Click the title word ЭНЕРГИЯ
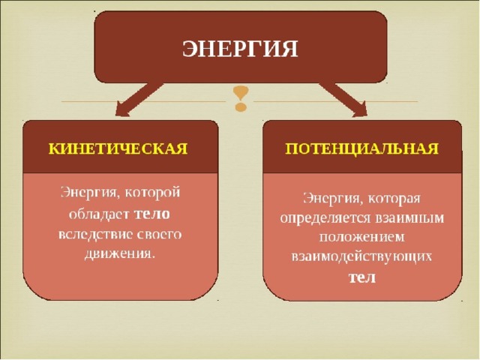tap(240, 49)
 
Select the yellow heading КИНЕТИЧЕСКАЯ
tap(118, 148)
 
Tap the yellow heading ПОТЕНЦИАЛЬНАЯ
tap(362, 148)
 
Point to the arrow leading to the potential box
tap(343, 100)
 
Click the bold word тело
tap(151, 214)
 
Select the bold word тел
tap(362, 277)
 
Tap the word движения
tap(118, 253)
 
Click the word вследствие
tap(94, 235)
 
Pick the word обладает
tap(98, 214)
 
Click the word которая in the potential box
tap(394, 199)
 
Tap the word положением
tap(361, 238)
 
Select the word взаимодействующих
tap(361, 257)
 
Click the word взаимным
tap(409, 218)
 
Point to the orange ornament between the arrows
tap(241, 98)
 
